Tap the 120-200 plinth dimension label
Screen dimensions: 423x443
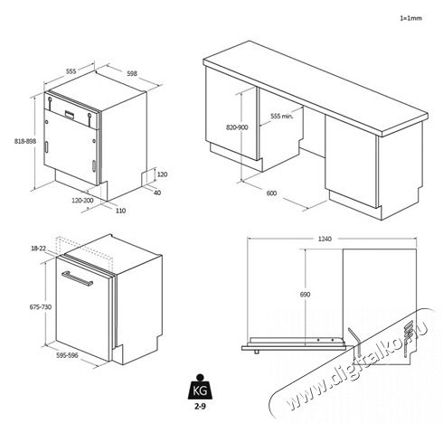point(82,200)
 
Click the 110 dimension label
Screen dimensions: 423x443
point(120,211)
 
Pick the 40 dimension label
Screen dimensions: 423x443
point(156,193)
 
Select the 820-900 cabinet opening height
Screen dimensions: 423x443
point(238,128)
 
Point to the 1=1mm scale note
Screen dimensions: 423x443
point(411,18)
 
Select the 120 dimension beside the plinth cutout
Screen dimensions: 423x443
point(162,174)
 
